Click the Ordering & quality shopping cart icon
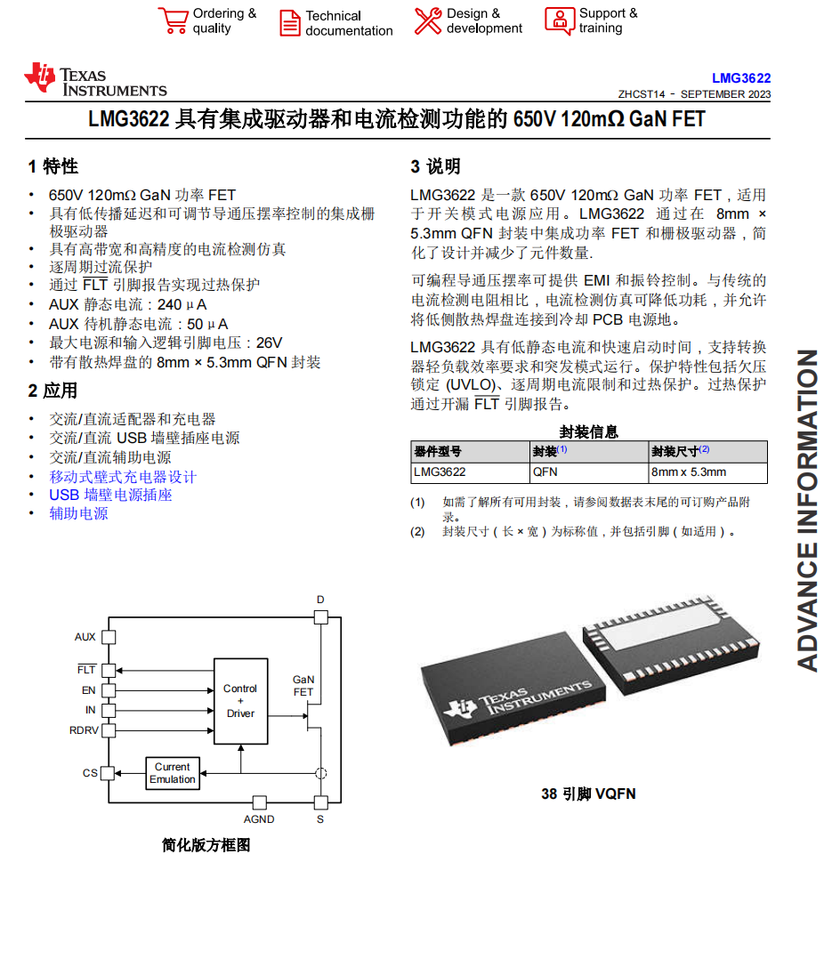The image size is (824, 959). (x=173, y=20)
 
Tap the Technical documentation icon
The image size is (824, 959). (x=290, y=22)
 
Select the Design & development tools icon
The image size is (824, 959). (x=428, y=20)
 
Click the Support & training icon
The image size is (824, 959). (x=560, y=20)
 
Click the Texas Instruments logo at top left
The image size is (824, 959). (x=95, y=79)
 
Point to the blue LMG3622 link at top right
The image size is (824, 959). (x=741, y=78)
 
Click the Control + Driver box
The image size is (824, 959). (x=240, y=701)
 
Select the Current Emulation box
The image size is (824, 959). (x=173, y=773)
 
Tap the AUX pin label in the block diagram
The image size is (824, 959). (x=85, y=637)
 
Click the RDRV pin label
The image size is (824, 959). (x=85, y=730)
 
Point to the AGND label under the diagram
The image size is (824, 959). (x=259, y=819)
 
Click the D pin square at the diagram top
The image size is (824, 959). (x=320, y=616)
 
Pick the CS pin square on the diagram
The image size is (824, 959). (x=108, y=773)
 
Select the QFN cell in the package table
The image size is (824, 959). (x=545, y=472)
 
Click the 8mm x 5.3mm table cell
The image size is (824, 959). (x=689, y=472)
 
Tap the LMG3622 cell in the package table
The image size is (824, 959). (x=440, y=472)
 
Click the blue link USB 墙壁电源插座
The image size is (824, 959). (x=110, y=495)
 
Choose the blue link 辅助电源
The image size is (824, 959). (x=78, y=513)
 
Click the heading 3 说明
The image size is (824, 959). (x=435, y=166)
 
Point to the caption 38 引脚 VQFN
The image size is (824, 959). (x=588, y=794)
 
